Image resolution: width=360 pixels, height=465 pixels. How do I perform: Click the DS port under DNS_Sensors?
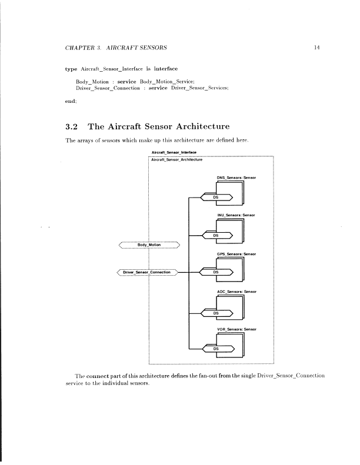click(216, 197)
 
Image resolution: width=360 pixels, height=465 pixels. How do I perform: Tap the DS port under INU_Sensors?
click(216, 235)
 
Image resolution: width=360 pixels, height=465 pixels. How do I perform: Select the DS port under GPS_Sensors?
click(216, 273)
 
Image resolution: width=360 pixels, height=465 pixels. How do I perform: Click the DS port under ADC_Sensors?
click(216, 312)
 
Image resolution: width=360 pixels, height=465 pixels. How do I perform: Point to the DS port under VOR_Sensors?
click(216, 349)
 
